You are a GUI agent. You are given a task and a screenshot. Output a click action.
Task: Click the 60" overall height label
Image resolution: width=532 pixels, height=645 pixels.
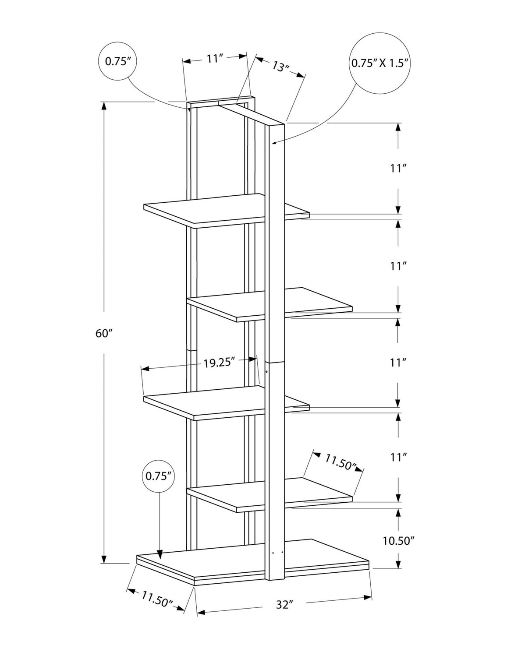coord(104,333)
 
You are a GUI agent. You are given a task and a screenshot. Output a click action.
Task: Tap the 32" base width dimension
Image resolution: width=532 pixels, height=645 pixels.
coord(284,605)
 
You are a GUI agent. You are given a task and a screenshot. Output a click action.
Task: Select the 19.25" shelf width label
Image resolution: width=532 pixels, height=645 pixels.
coord(220,362)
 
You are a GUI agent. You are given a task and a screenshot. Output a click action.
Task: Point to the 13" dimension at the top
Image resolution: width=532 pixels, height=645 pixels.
coord(280,66)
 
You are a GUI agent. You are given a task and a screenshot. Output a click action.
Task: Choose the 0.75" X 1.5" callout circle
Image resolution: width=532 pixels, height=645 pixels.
coord(380,63)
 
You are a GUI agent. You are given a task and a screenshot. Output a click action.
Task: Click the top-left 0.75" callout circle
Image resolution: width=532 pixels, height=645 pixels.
coord(118,61)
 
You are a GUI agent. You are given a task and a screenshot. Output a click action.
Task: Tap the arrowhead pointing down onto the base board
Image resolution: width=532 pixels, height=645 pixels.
coord(160,555)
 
